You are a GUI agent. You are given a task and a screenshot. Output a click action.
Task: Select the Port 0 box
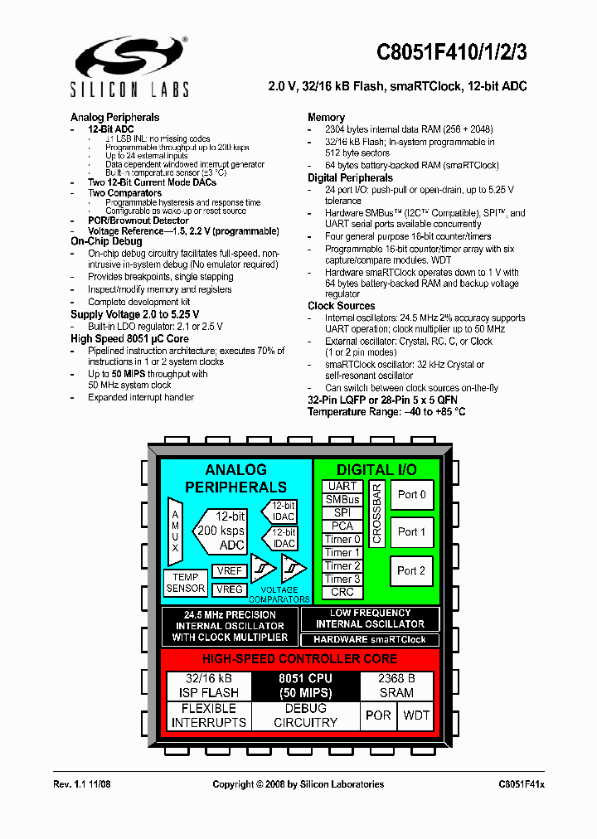[x=411, y=495]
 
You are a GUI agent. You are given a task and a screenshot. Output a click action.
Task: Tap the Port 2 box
[x=411, y=570]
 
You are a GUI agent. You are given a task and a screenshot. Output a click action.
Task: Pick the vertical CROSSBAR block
[x=376, y=514]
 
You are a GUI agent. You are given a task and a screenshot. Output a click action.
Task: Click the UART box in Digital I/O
[x=342, y=486]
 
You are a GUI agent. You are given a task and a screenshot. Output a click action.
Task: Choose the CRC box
[x=342, y=592]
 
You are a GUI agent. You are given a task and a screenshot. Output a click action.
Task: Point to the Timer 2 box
[x=342, y=565]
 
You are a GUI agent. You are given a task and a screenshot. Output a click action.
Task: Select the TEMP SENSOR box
[x=186, y=583]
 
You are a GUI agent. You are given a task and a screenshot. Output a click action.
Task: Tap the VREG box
[x=229, y=589]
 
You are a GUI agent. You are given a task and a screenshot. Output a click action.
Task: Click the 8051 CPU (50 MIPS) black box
[x=305, y=686]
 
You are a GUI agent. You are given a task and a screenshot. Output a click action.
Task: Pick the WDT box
[x=417, y=715]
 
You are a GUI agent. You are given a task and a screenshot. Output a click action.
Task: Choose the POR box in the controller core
[x=378, y=715]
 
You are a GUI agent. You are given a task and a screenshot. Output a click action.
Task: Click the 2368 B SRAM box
[x=396, y=686]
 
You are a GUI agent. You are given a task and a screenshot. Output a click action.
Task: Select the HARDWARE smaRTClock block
[x=370, y=639]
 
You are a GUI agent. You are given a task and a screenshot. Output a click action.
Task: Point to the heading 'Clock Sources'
[x=341, y=306]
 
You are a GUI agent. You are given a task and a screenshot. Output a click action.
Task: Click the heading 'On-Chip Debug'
[x=106, y=241]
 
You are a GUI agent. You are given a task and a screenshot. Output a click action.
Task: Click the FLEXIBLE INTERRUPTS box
[x=209, y=715]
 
